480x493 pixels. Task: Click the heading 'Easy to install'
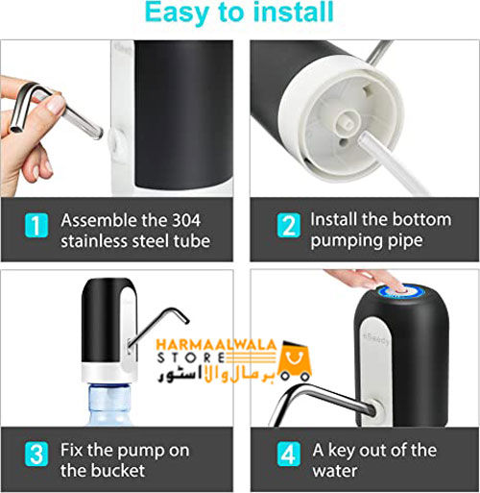coord(239,12)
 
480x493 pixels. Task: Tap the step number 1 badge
coord(36,228)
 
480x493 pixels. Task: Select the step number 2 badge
coord(287,228)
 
